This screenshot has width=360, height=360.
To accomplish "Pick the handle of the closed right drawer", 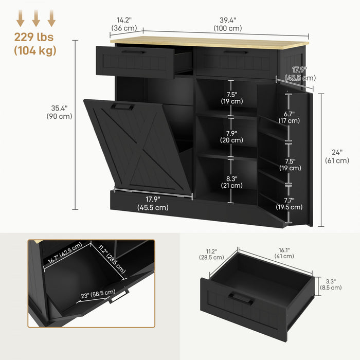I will tap(237, 52).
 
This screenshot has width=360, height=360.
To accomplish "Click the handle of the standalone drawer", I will tap(240, 297).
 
